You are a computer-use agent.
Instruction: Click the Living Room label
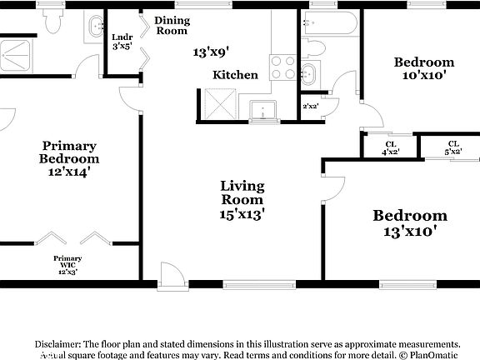242,199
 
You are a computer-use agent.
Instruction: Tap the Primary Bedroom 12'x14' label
69,158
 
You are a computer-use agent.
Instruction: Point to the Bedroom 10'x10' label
424,68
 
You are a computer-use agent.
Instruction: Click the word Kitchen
235,75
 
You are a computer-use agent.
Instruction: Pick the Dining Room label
172,25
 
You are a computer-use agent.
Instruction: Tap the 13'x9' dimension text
211,52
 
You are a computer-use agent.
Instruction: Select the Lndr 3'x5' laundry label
122,42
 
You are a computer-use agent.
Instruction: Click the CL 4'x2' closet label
390,147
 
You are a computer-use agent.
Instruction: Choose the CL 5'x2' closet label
453,147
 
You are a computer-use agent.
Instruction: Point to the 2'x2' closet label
310,107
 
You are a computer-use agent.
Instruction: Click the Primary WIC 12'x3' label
67,265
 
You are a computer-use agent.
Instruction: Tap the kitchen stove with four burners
282,67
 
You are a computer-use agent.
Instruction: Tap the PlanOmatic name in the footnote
433,354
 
